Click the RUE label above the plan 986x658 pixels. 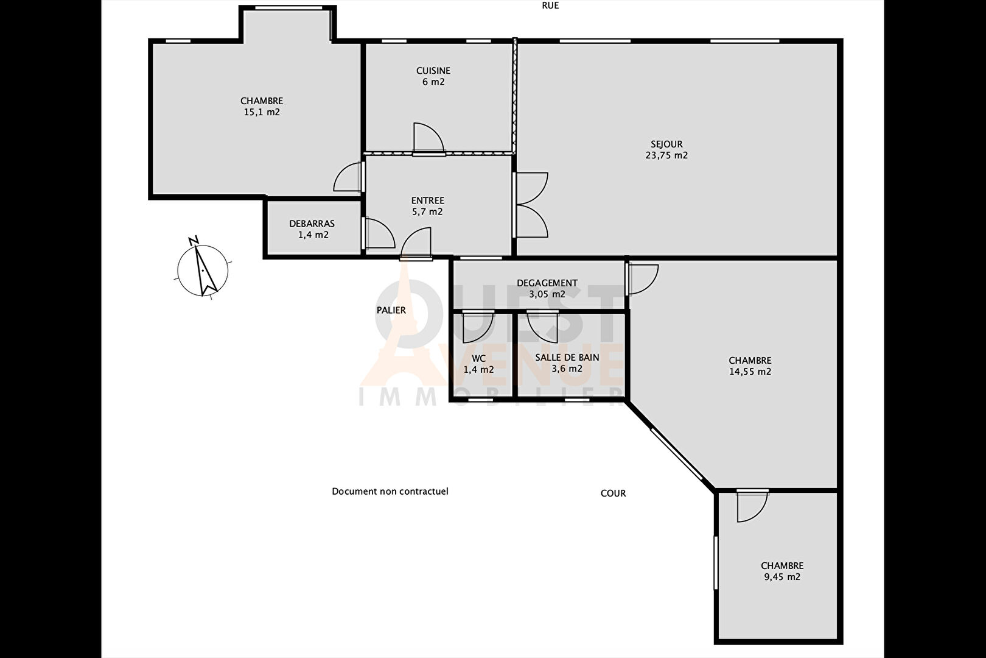coord(550,5)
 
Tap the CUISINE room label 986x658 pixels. coord(433,71)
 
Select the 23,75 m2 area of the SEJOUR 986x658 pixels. coord(666,155)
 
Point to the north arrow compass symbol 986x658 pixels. coord(203,268)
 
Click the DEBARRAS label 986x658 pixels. coord(312,224)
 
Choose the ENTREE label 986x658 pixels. coord(427,200)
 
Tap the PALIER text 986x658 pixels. coord(391,310)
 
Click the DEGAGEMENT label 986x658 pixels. coord(547,283)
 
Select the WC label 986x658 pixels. coord(478,358)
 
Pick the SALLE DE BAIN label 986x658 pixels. coord(567,358)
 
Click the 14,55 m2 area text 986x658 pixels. coord(750,372)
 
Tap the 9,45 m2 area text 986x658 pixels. coord(782,577)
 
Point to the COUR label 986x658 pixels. coord(613,493)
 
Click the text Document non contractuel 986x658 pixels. coord(390,492)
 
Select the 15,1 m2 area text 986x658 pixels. coord(262,112)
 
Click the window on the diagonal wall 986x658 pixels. coord(677,455)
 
